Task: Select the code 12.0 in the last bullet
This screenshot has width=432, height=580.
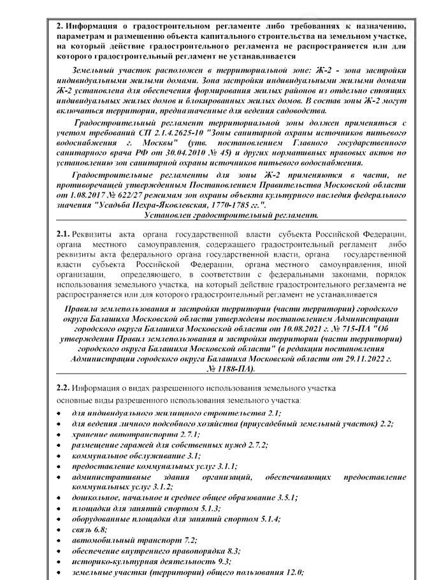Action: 292,572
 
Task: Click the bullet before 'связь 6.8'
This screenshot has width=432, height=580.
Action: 59,529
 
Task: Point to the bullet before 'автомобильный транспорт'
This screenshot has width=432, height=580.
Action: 59,540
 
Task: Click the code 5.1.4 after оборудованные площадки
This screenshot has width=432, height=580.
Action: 270,519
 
